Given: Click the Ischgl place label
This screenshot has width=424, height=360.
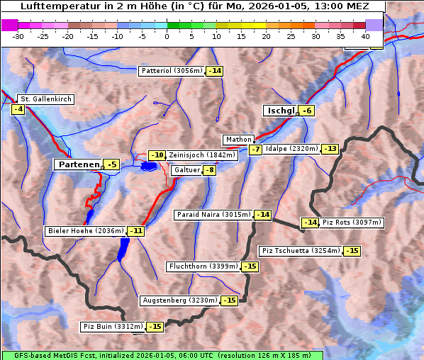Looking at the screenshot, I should coord(281,111).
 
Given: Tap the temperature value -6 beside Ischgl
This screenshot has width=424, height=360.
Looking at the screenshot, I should coord(306,111).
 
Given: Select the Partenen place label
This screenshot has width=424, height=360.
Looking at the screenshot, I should coord(78,164).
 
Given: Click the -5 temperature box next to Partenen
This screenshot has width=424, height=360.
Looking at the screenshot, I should coord(111,164).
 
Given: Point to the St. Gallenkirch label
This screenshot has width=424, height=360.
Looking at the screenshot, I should coord(45,99).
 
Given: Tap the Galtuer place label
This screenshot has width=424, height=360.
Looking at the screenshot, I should coord(186,170).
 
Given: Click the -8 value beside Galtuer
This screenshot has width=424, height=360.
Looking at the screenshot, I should coord(209,170).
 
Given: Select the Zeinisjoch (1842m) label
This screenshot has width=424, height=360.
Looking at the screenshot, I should coord(202,155).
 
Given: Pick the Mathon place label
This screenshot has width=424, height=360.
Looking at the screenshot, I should coord(238,140).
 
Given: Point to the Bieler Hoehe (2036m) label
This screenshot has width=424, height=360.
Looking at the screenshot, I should coord(85,231).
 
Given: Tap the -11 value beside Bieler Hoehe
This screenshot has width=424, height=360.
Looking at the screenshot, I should coord(135,231).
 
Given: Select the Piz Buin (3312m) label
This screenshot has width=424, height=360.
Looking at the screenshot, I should coord(113,327).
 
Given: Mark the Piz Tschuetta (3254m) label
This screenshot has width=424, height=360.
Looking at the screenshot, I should coord(301,251).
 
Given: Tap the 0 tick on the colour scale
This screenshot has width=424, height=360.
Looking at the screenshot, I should coord(167,35).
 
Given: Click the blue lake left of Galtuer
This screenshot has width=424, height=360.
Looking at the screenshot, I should coord(149,166).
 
